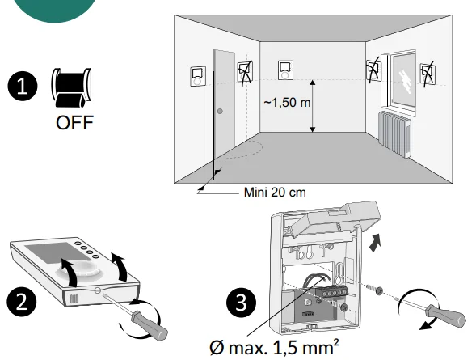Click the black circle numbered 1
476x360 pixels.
coord(23,86)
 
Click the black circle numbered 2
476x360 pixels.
coord(22,302)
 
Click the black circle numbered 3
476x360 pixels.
coord(242,303)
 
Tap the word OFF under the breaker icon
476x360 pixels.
coord(74,122)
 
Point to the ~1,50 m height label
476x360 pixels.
coord(287,103)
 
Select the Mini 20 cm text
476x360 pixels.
coord(275,193)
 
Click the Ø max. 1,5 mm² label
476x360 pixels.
coord(274,347)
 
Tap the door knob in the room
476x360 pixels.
coord(220,111)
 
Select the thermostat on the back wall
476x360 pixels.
coord(285,70)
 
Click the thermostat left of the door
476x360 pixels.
coord(198,76)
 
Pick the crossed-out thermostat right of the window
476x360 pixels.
coord(428,74)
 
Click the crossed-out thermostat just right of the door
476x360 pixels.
coord(246,72)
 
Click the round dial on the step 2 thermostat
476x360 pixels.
coord(78,269)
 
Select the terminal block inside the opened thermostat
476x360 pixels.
coord(332,292)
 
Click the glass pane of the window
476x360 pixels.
coord(404,79)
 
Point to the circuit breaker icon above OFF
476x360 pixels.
coord(71,88)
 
